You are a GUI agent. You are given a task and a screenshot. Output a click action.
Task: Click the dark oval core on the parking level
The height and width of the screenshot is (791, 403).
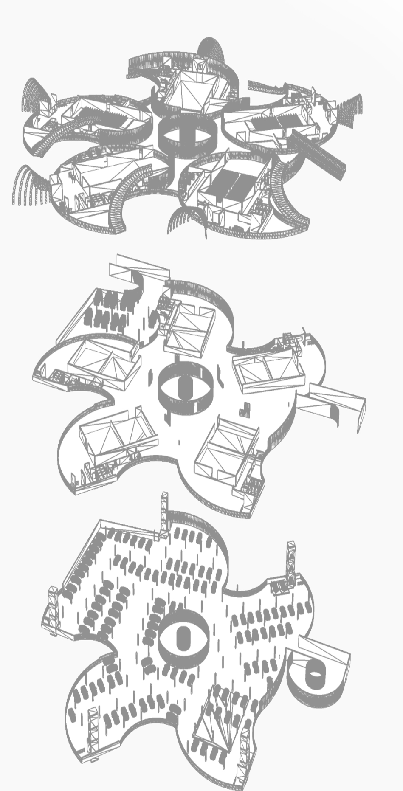[x=183, y=637]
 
